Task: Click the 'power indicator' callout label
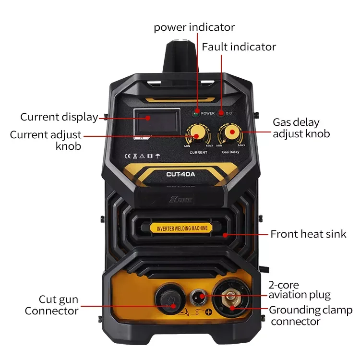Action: click(194, 27)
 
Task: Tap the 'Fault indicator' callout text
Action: click(239, 47)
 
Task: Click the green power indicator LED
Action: click(195, 113)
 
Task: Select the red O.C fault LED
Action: click(220, 113)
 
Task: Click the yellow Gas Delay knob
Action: click(230, 132)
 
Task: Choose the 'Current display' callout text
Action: click(59, 117)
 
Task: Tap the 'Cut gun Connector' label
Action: click(51, 305)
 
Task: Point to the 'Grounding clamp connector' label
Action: click(310, 315)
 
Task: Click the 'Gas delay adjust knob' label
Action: click(301, 128)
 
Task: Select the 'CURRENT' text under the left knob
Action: click(198, 152)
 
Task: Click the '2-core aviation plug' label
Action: click(299, 289)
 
